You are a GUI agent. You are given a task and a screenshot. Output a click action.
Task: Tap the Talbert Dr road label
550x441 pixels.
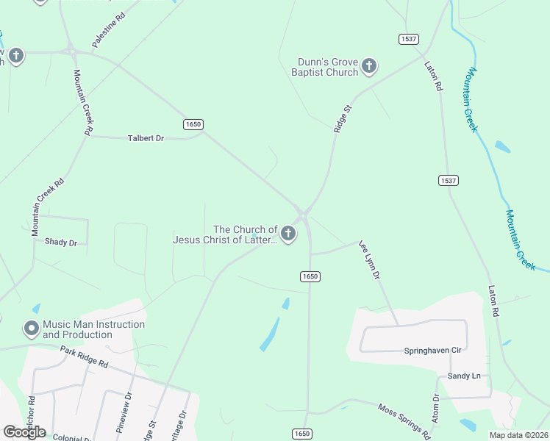146,138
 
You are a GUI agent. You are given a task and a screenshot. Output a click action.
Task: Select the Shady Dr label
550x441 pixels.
60,242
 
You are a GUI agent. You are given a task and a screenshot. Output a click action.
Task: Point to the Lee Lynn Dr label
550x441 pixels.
369,259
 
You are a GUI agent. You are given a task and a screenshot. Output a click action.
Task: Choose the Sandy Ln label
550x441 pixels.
464,376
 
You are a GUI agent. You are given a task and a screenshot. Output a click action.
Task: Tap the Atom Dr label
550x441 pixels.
435,409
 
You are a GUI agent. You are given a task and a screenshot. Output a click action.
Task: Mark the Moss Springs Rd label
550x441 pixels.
404,417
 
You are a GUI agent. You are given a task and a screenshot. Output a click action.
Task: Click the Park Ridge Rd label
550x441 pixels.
84,357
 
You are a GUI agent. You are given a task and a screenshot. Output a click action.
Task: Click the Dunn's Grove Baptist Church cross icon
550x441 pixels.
369,67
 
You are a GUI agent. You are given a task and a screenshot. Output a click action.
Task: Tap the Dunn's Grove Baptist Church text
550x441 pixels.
327,67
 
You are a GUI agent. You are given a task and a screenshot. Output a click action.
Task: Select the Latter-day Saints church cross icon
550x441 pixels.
288,234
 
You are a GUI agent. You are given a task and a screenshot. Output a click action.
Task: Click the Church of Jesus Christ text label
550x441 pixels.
225,234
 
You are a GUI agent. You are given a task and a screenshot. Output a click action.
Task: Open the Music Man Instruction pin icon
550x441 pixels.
32,329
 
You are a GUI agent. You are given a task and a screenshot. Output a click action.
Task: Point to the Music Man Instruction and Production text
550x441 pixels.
93,329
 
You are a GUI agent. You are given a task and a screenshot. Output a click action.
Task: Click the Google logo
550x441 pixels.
24,431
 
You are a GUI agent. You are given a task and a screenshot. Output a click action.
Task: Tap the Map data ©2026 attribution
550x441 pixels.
518,435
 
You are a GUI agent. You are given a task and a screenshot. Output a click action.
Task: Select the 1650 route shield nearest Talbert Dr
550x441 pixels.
193,124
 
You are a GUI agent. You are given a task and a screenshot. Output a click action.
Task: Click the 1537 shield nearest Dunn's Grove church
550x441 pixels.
409,38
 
